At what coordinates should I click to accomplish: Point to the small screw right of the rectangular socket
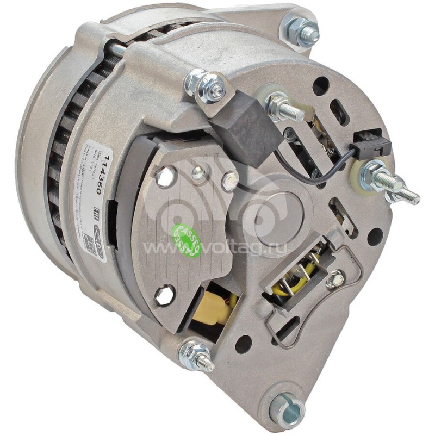coord(335,279)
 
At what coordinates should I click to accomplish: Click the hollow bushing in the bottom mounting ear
coord(286,405)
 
